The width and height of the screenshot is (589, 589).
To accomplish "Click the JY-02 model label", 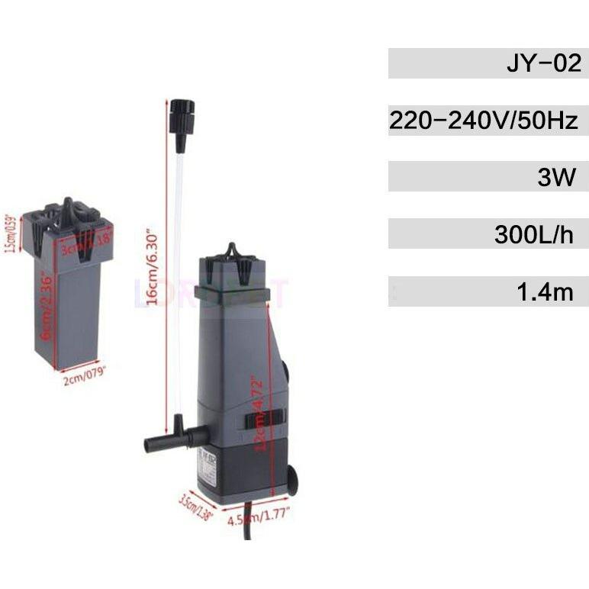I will (x=543, y=63).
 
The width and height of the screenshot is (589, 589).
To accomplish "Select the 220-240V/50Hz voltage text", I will (x=484, y=120).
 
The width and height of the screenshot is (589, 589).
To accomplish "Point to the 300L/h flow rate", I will (x=533, y=234).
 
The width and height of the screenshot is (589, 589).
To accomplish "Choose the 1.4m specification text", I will (x=544, y=291).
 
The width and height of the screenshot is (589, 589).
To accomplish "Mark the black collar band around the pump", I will (x=232, y=293).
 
